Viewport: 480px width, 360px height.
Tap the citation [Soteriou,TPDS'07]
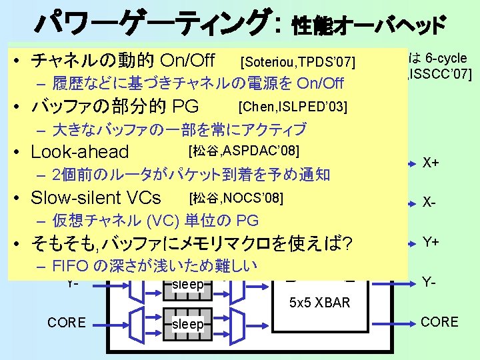click(299, 63)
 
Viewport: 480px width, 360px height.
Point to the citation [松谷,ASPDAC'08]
click(243, 149)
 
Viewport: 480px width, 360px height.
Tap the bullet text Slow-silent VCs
click(96, 198)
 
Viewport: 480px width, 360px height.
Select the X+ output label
click(431, 163)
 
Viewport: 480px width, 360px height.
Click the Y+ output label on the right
click(431, 243)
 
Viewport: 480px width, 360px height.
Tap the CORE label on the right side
click(439, 322)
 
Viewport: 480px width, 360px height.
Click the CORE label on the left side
click(67, 323)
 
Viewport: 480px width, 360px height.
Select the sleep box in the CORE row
click(187, 324)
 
